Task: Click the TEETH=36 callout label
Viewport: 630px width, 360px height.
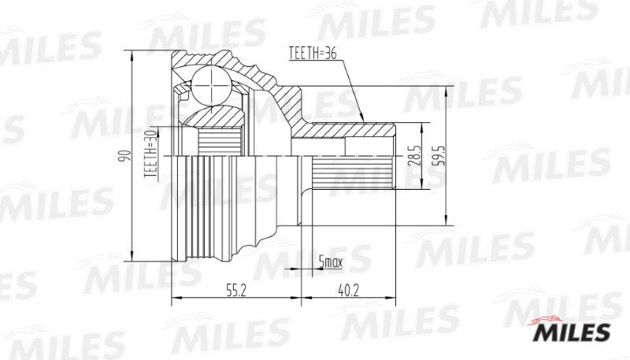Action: pyautogui.click(x=313, y=53)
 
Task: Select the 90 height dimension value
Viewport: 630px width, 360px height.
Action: pyautogui.click(x=125, y=155)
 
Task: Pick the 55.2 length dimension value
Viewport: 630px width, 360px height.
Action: pyautogui.click(x=235, y=290)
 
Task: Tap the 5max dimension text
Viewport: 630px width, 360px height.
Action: pyautogui.click(x=330, y=262)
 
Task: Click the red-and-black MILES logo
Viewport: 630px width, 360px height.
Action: pyautogui.click(x=571, y=329)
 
